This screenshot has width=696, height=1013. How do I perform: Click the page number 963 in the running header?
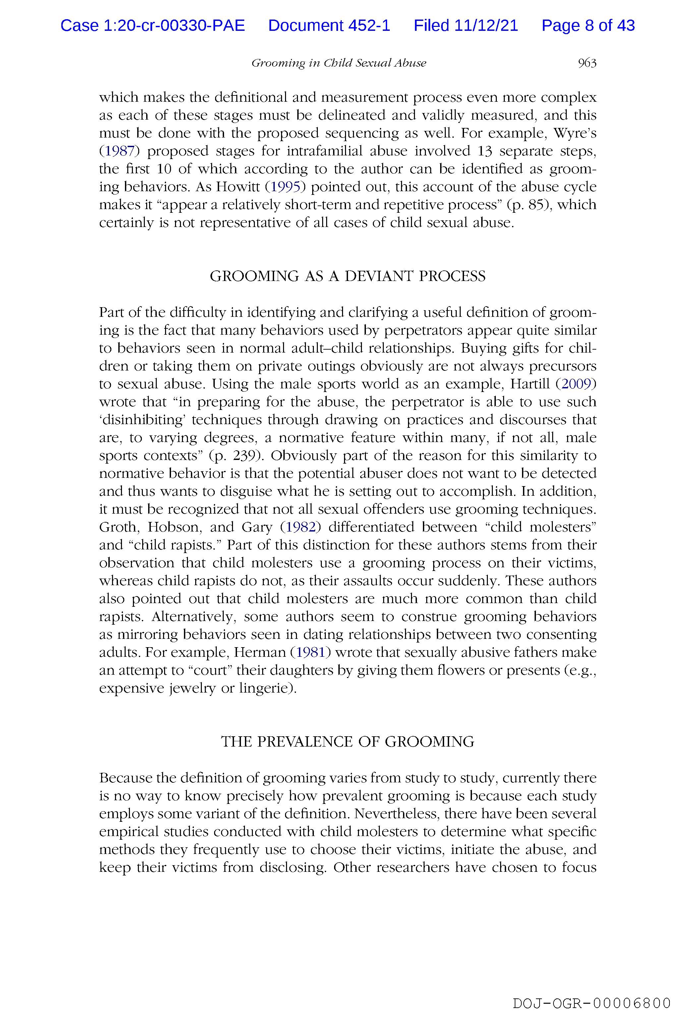[587, 63]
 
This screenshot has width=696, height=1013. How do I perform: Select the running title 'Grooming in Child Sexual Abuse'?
[338, 63]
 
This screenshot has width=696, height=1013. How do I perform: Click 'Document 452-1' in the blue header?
[329, 26]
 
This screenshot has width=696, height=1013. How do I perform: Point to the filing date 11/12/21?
[486, 26]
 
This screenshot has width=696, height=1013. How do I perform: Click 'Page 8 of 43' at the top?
[588, 26]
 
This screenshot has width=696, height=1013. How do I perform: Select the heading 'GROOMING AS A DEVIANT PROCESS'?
[348, 276]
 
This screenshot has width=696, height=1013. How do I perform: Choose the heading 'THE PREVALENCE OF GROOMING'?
[348, 742]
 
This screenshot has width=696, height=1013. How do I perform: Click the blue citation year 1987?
[119, 151]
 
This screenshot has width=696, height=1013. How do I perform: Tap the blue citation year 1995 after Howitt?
[286, 187]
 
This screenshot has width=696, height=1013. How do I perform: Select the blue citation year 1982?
[300, 527]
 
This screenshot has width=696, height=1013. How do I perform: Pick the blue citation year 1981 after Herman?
[311, 652]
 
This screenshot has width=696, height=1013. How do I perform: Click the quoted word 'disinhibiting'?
[141, 420]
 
